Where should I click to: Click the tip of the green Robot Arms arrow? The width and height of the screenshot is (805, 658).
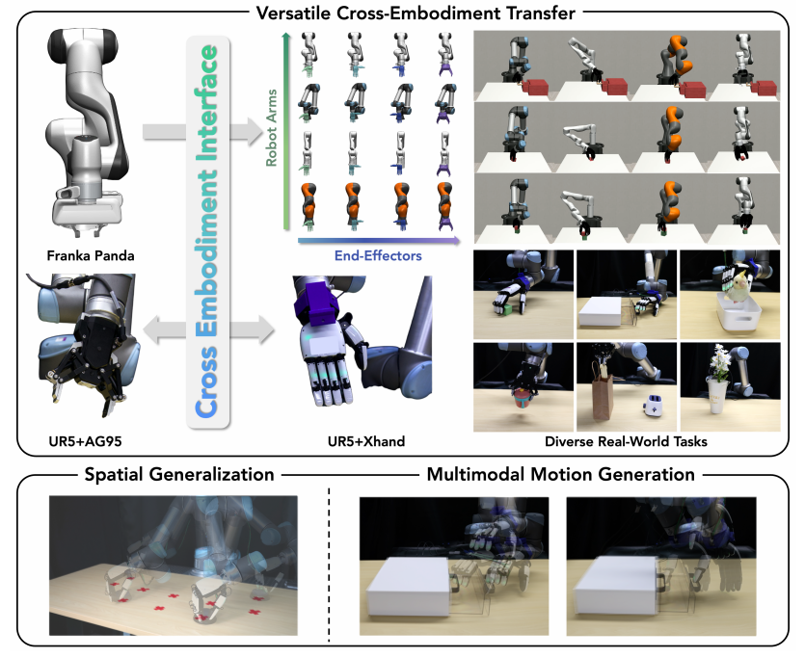point(286,32)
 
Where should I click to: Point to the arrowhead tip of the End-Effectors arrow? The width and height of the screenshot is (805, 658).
point(460,240)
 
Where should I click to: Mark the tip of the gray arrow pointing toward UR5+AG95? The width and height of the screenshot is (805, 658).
point(143,329)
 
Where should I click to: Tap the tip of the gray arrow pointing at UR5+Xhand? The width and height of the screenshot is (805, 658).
point(275,329)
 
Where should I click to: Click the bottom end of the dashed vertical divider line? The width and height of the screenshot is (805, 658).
point(329,641)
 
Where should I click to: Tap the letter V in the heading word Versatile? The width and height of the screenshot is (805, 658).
point(261,13)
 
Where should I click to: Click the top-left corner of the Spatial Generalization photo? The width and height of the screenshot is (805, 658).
point(49,495)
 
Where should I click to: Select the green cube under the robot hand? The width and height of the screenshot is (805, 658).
point(506,309)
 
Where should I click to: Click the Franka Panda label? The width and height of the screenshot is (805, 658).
point(91,255)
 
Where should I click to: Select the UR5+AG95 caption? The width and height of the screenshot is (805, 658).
point(85,441)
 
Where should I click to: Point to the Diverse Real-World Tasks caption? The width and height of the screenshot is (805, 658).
point(626,441)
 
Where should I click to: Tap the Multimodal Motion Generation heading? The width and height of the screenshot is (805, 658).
point(561,474)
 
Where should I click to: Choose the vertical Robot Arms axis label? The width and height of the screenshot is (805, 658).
point(271,128)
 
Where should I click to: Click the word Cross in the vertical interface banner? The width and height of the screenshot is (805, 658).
point(207,382)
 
